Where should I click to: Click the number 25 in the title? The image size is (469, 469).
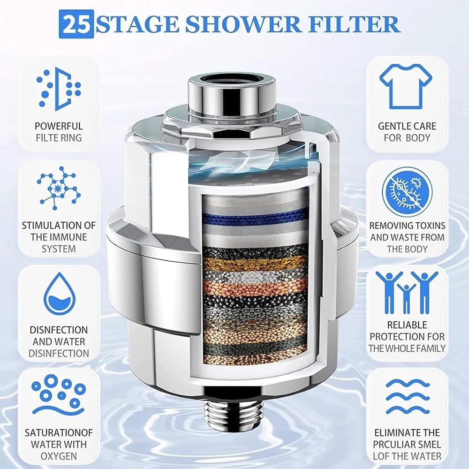pos(76,24)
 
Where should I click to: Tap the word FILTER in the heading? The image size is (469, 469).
pos(354,24)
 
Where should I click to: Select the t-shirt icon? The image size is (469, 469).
pos(406,86)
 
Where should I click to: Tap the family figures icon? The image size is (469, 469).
pos(407,292)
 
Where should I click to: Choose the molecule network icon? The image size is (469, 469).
pos(58,188)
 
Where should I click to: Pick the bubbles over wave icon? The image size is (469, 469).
pos(59,394)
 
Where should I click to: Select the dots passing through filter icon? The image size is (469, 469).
pos(59,89)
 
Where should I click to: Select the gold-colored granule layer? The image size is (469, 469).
pos(255,264)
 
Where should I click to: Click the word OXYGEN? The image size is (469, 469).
pos(59,456)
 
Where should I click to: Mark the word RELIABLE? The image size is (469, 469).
pos(407,325)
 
